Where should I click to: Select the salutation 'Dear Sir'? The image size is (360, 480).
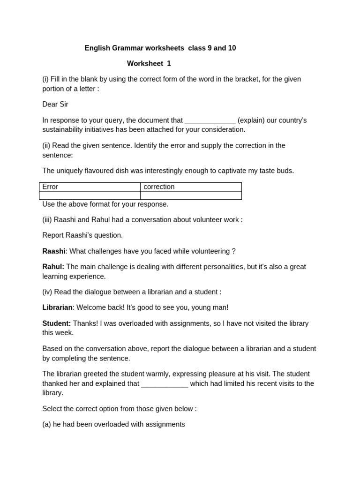(x=55, y=104)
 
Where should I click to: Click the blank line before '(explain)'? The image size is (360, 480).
(x=210, y=120)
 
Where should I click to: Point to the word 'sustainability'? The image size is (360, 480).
(x=65, y=129)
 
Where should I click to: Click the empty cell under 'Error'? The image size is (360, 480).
(x=90, y=195)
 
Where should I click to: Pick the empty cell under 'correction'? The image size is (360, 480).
(x=191, y=195)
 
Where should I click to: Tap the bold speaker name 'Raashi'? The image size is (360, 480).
(x=54, y=251)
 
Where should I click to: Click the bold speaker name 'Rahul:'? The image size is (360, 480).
(x=53, y=267)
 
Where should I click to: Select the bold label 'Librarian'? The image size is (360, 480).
(x=57, y=307)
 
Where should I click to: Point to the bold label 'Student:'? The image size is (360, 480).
(x=57, y=323)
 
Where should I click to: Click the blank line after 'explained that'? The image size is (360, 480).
(x=165, y=383)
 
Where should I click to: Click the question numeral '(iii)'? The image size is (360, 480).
(x=47, y=219)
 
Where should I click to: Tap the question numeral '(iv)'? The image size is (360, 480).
(x=47, y=292)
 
